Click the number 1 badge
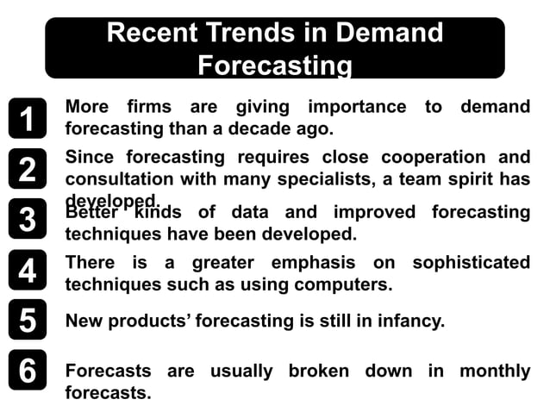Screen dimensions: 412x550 28,118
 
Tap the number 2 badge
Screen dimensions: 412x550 28,169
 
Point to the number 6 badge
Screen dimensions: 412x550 28,371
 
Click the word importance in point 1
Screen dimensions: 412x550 357,108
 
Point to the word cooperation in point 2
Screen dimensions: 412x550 430,158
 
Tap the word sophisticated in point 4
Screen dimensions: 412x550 471,262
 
